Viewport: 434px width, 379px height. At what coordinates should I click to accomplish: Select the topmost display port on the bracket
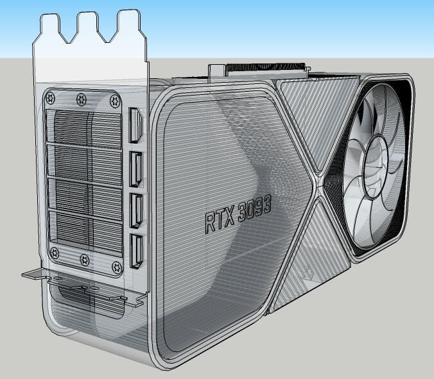(x=135, y=124)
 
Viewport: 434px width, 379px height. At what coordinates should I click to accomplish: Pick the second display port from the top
(x=135, y=166)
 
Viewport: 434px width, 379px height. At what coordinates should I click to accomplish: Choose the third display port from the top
(x=135, y=206)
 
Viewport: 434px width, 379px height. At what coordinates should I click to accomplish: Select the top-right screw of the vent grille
(x=115, y=100)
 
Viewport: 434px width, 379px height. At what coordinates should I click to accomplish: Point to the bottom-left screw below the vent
(x=54, y=251)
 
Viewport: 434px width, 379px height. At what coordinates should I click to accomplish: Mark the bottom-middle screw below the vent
(x=84, y=258)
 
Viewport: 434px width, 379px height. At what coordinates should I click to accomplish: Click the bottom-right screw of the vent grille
(x=116, y=265)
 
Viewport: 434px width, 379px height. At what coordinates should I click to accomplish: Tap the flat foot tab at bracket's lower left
(x=35, y=274)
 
